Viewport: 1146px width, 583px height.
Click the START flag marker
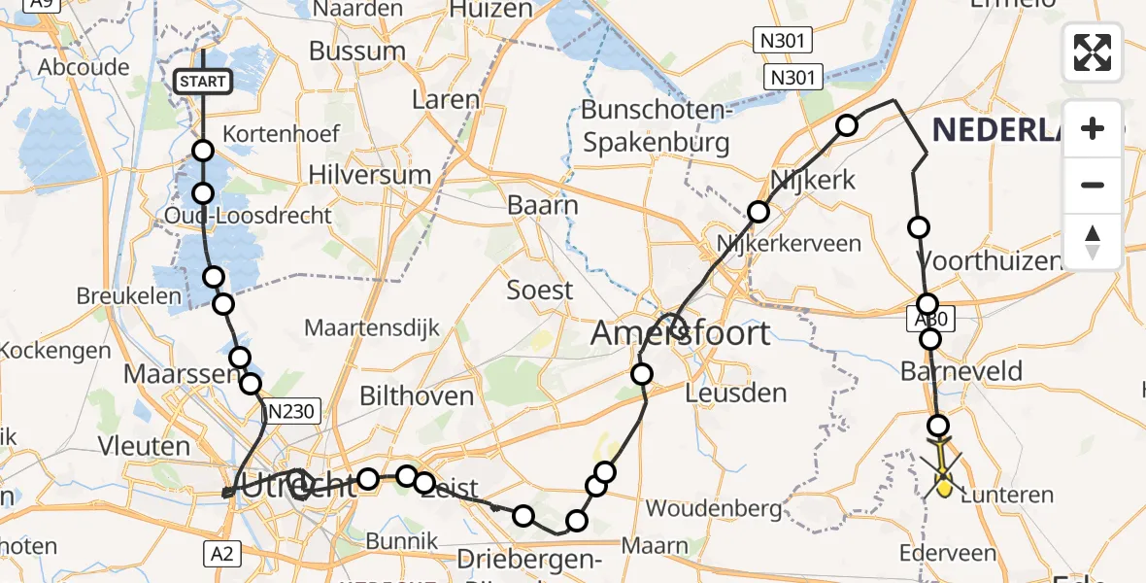point(202,82)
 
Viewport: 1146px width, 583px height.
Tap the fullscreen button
point(1093,52)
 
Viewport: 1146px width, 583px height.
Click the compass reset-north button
point(1093,242)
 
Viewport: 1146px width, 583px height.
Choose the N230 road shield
point(291,412)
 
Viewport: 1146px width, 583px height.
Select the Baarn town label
point(543,206)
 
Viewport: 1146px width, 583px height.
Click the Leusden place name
point(735,394)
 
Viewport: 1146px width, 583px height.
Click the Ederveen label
point(948,554)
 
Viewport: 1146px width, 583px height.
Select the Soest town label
point(540,290)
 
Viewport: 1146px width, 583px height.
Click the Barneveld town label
point(961,371)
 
